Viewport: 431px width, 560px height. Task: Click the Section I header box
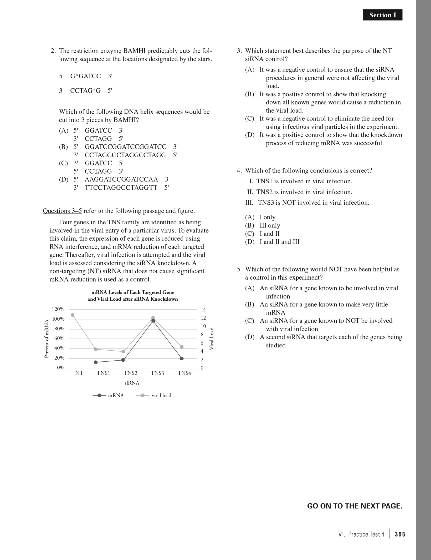pos(382,15)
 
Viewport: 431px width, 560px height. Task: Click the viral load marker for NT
pos(73,315)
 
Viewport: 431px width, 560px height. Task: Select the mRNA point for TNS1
pos(96,362)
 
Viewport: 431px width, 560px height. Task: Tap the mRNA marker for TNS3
pos(153,321)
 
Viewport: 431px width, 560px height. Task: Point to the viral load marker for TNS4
pos(182,347)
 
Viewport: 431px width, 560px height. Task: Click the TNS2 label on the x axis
pos(130,373)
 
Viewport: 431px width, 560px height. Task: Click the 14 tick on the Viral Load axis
pos(203,310)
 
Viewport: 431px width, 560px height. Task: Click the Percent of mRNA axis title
pos(47,339)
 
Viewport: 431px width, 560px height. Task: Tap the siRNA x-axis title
pos(132,383)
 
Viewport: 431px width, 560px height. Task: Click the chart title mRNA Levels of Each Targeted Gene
pos(133,292)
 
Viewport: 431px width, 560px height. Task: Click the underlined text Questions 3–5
pos(62,211)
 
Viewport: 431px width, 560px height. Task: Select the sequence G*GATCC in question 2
pos(85,76)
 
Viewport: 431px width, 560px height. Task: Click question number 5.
pos(239,269)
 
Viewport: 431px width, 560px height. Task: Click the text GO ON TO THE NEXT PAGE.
pos(355,506)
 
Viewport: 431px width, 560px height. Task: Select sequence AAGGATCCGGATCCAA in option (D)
pos(121,179)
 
